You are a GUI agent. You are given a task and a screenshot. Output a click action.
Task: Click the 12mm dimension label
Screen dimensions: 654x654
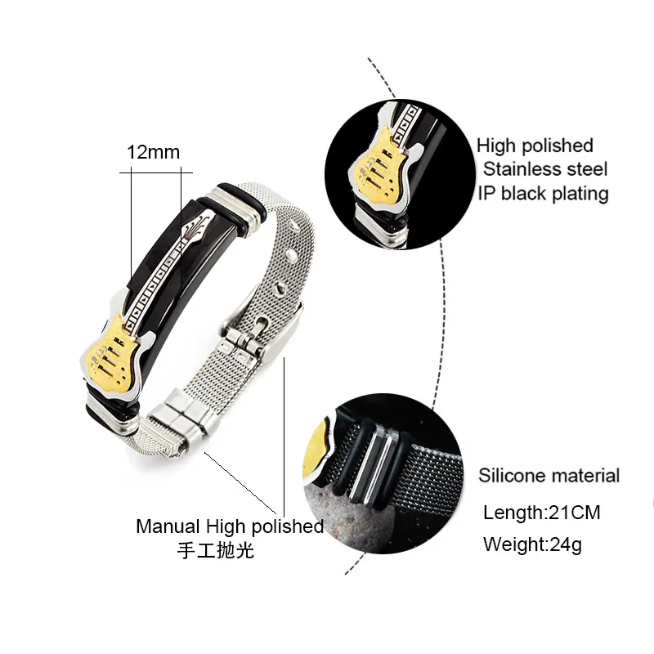coord(153,152)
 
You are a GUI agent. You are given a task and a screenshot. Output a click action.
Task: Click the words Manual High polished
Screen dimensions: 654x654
coord(229,526)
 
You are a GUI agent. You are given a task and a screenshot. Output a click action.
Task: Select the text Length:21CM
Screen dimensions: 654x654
coord(541,513)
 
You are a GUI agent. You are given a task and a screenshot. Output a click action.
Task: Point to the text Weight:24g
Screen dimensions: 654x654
coord(532,544)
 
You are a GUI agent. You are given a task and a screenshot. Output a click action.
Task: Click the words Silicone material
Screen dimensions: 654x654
coord(549,475)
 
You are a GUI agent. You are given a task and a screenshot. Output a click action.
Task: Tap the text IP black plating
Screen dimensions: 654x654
coord(543,193)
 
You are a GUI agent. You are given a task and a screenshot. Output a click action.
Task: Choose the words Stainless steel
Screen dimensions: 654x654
coord(544,169)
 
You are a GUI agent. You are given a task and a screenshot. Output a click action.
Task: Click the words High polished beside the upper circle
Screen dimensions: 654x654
coord(535,146)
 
